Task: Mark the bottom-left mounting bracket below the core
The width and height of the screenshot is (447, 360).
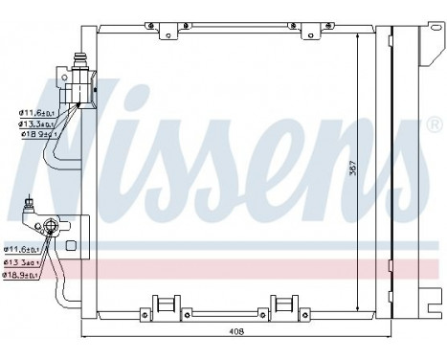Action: click(x=168, y=304)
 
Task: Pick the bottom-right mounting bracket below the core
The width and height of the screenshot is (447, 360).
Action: click(x=287, y=304)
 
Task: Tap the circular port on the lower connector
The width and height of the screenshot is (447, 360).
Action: click(x=44, y=226)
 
